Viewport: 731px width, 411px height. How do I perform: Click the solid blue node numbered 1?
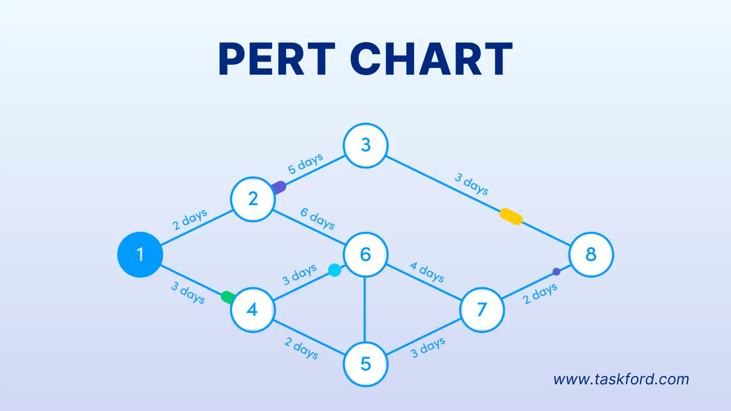tap(140, 255)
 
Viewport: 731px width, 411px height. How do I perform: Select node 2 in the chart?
tap(253, 199)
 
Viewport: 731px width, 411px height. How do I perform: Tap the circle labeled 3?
tap(365, 146)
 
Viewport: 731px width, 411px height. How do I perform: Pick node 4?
tap(253, 310)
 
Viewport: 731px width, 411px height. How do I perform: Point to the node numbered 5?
tap(365, 364)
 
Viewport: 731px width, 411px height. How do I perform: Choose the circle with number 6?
tap(365, 254)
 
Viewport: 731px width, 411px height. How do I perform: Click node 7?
tap(482, 310)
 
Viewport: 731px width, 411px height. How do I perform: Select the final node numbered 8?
tap(591, 254)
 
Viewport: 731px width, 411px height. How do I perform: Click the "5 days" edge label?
tap(306, 164)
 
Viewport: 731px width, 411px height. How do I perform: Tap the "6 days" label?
tap(317, 219)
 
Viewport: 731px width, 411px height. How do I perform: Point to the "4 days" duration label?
tap(427, 272)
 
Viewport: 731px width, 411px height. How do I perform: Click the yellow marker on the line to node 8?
tap(511, 216)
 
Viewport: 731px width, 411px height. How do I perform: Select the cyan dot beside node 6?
tap(335, 270)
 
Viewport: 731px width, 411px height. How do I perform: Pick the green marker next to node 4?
tap(228, 297)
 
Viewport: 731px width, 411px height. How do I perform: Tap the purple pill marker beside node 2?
tap(279, 187)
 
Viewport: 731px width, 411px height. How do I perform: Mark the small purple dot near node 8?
tap(556, 272)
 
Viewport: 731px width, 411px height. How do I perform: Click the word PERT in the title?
tap(277, 59)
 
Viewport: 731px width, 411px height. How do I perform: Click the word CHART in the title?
tap(432, 59)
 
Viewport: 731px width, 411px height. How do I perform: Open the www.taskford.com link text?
tap(621, 379)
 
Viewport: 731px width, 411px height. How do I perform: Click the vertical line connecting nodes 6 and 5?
tap(365, 309)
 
